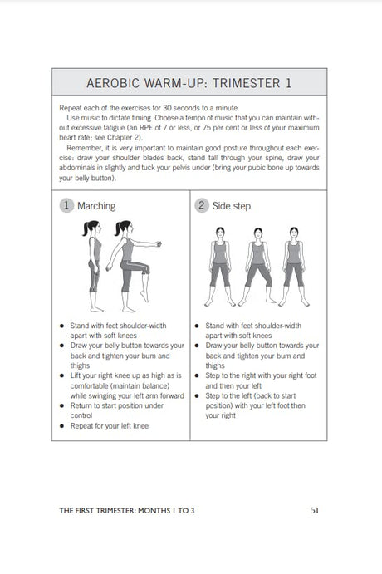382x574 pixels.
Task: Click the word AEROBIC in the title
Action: (x=113, y=83)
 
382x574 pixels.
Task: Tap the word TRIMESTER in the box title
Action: (x=247, y=83)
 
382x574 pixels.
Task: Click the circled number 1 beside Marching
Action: (x=66, y=205)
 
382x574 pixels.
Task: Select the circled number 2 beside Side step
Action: (x=201, y=205)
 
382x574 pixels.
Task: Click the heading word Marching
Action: (x=96, y=206)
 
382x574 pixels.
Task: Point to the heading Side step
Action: (x=232, y=206)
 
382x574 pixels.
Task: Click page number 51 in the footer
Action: (x=315, y=510)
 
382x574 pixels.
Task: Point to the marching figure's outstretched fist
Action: (x=158, y=243)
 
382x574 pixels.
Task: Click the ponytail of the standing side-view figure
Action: (x=86, y=228)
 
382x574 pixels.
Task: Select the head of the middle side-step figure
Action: (x=258, y=233)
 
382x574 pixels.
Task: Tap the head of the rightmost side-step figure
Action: (x=294, y=233)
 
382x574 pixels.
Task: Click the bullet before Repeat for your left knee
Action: (x=62, y=426)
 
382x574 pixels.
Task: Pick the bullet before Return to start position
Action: (x=62, y=406)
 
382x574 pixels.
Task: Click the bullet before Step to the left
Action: (x=197, y=396)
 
